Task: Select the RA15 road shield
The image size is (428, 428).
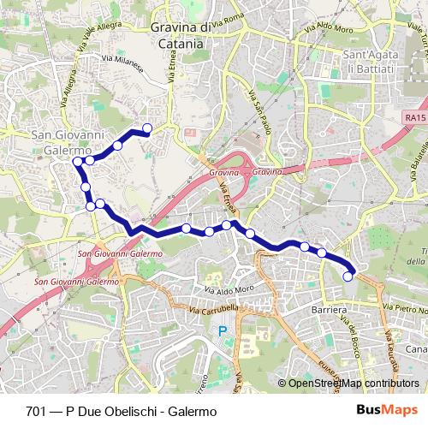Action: [x=415, y=115]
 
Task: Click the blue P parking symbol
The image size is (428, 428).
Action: [x=223, y=330]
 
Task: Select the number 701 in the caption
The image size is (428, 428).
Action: [x=37, y=411]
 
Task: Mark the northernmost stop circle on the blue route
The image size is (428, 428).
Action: [x=147, y=128]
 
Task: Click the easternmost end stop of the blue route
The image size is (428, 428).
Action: [x=348, y=276]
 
